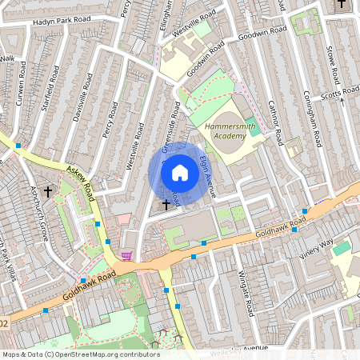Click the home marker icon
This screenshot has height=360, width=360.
point(180,172)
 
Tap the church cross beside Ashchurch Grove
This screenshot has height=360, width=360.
point(48,192)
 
